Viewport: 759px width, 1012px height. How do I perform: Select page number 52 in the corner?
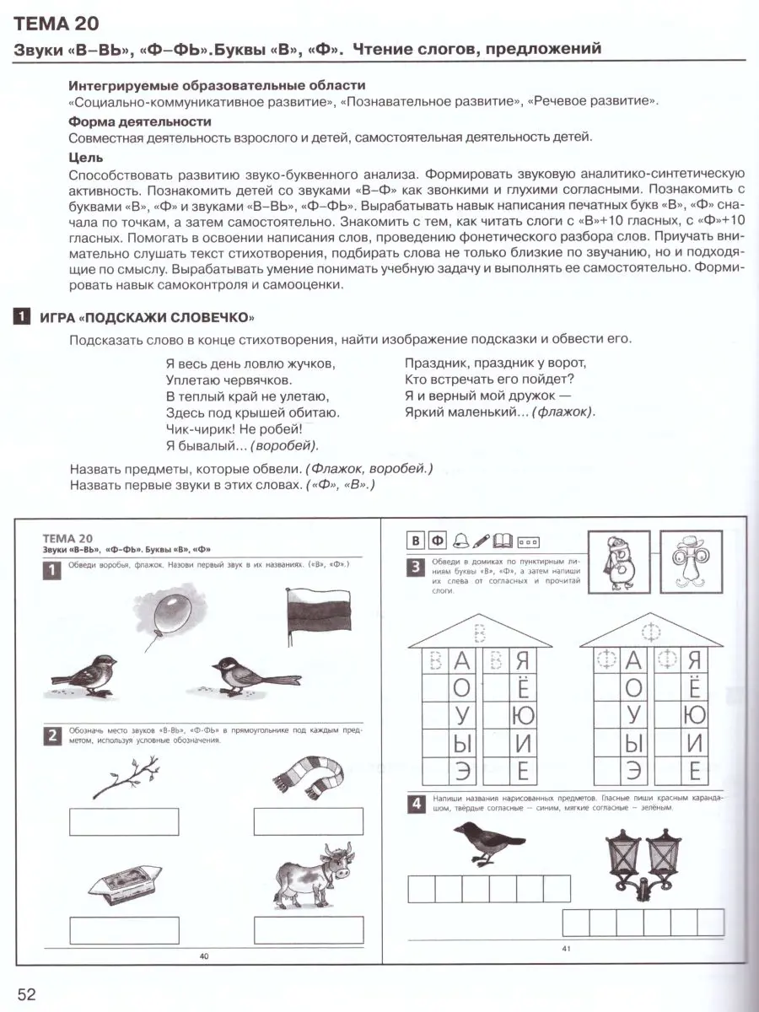[26, 993]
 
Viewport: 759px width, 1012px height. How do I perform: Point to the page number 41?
[566, 950]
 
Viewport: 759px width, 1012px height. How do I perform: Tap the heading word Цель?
[85, 157]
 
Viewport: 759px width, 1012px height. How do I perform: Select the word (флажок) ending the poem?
[563, 412]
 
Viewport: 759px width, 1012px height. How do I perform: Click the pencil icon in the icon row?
[482, 541]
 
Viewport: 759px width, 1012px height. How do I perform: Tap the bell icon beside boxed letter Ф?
[460, 541]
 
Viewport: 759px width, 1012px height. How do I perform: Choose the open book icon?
[504, 541]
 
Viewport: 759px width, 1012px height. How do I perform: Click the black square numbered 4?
[416, 804]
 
